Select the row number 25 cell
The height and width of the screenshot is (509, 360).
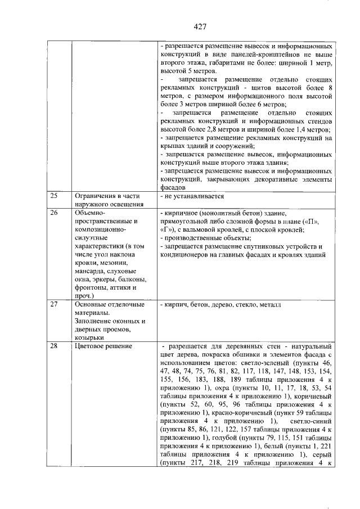tap(54, 196)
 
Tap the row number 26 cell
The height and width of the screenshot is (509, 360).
tap(54, 213)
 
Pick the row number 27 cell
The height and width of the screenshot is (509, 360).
tap(54, 304)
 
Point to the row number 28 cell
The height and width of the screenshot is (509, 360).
tap(54, 346)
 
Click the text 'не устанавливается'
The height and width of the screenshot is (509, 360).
tap(194, 196)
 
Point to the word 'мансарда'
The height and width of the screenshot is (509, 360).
tap(91, 271)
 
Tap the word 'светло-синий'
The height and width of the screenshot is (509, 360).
tap(307, 422)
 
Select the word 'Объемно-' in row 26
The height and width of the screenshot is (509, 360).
tap(90, 213)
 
